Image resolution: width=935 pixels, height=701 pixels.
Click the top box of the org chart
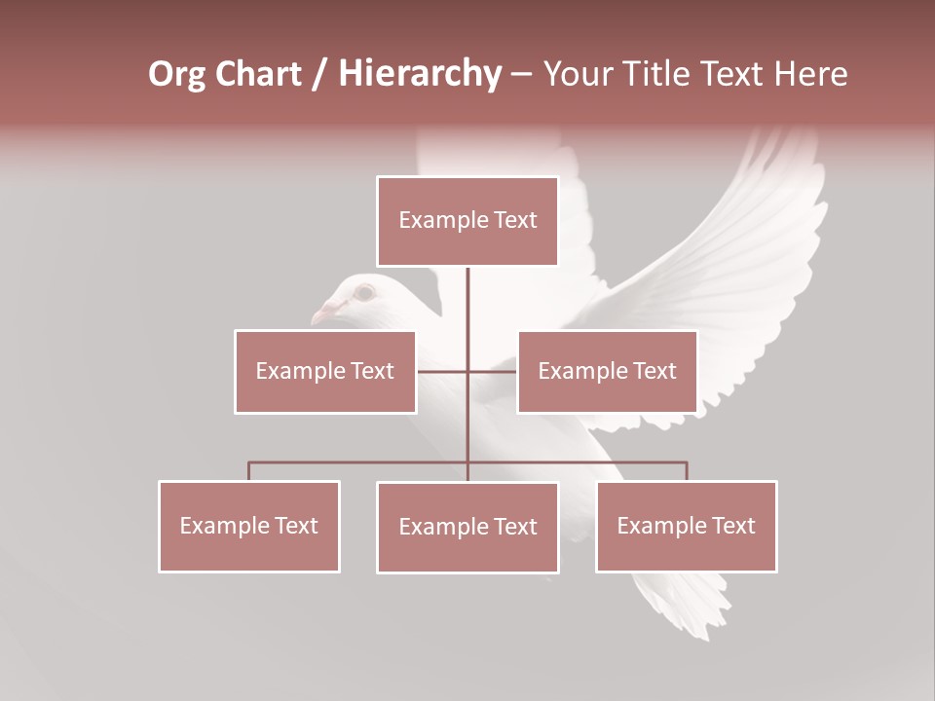(x=467, y=221)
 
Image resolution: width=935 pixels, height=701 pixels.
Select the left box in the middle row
(x=325, y=372)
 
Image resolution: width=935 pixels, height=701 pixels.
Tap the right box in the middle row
(x=607, y=372)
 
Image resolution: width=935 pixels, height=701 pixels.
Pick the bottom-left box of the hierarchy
(x=249, y=527)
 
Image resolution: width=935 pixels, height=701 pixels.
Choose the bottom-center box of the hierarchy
(x=467, y=528)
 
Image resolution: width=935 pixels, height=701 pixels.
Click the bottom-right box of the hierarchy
(x=687, y=527)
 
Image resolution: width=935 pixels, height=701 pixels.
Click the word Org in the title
(x=177, y=74)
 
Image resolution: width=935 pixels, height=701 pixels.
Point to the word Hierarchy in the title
(x=420, y=74)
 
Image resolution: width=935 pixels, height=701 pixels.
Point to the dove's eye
(x=364, y=291)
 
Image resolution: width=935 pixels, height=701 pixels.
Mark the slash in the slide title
(x=319, y=74)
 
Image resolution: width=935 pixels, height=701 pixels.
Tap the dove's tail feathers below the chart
(x=682, y=604)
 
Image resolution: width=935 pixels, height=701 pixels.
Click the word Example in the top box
(x=433, y=221)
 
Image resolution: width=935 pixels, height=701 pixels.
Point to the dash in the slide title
(x=521, y=74)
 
